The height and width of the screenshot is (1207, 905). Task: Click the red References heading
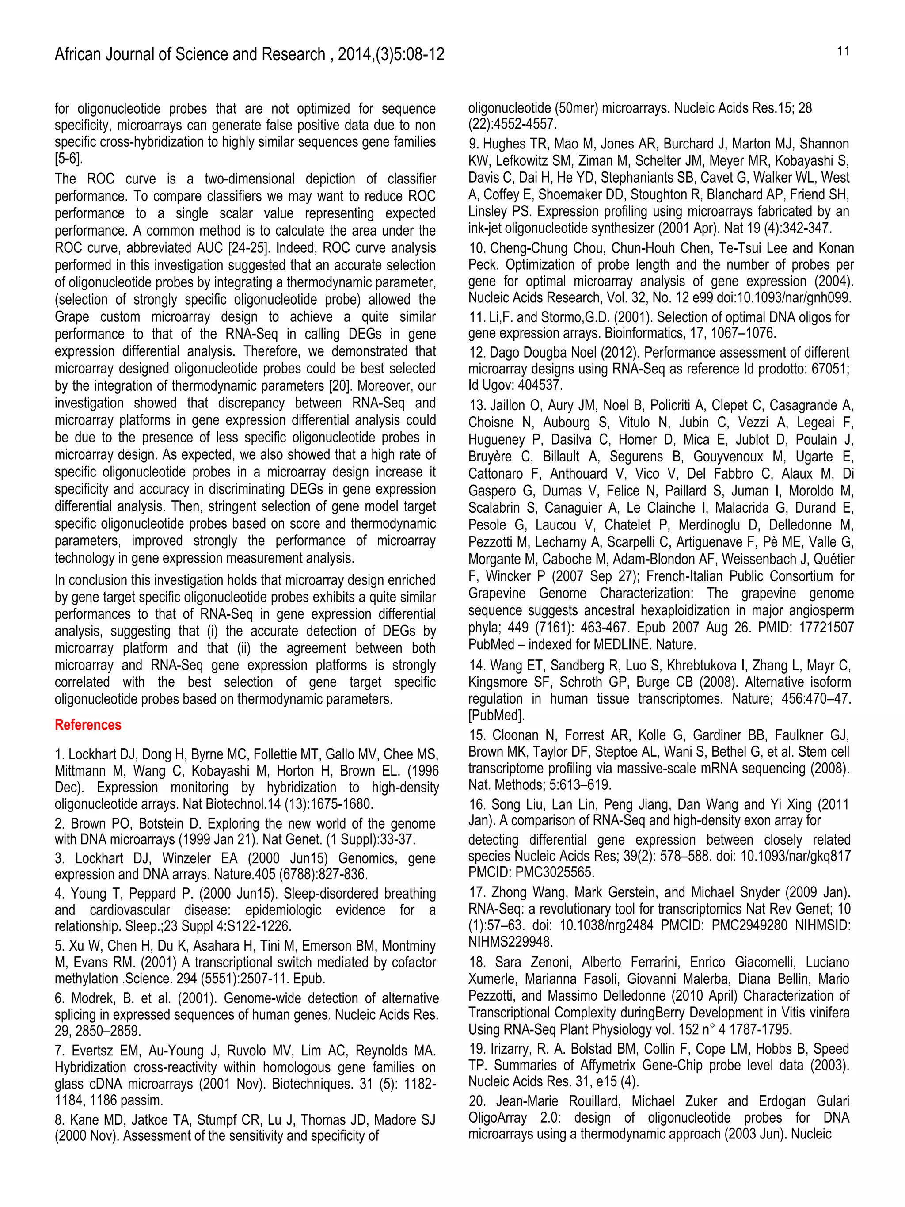click(88, 725)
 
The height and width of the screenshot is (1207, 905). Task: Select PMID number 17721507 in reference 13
click(824, 628)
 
